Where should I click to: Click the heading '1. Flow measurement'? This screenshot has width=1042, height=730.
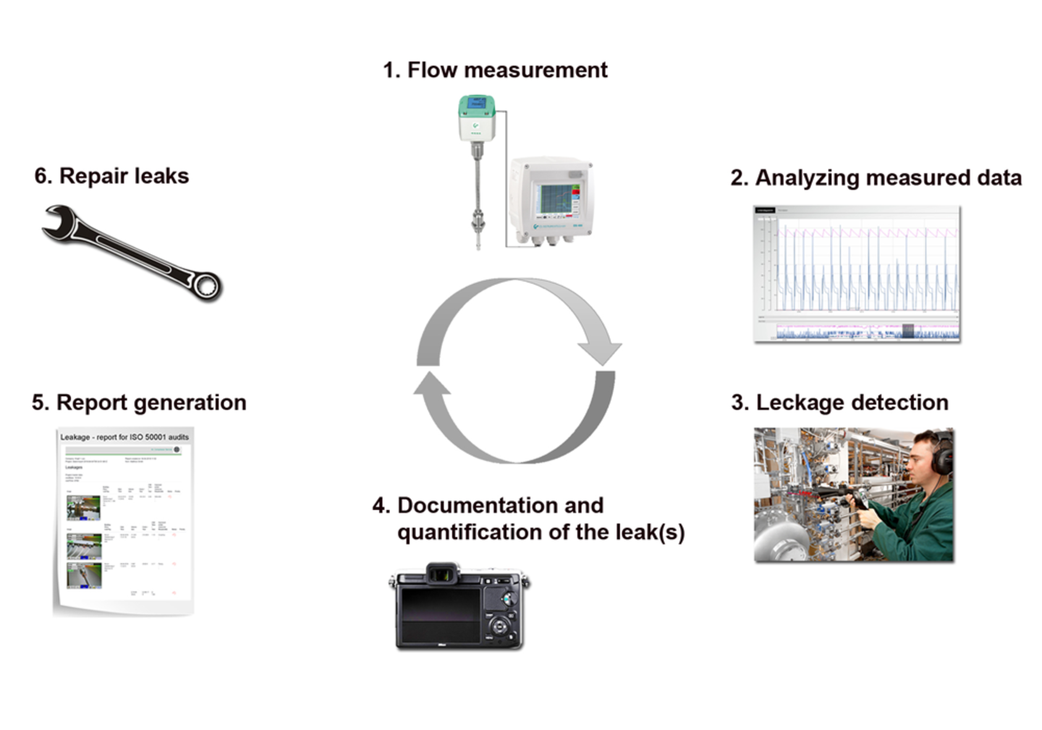pos(495,70)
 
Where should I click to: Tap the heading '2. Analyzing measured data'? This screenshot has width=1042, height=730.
pos(876,177)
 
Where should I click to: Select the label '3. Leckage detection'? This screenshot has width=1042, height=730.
pos(839,402)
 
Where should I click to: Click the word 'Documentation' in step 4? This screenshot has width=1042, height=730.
pos(500,505)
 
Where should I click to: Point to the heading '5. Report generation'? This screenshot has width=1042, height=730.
pos(139,402)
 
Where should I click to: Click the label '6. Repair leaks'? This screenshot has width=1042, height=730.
pos(111,176)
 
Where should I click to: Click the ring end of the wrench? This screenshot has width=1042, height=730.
pos(206,285)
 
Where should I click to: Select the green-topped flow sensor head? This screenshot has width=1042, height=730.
pos(476,116)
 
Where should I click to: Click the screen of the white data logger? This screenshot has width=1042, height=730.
pos(555,198)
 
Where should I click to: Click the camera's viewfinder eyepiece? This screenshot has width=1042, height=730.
pos(442,574)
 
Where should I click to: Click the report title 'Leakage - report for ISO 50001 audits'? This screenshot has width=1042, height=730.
pos(124,437)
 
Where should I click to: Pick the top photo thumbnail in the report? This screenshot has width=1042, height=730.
pos(83,507)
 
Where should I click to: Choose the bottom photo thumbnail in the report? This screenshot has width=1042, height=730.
pos(84,576)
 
